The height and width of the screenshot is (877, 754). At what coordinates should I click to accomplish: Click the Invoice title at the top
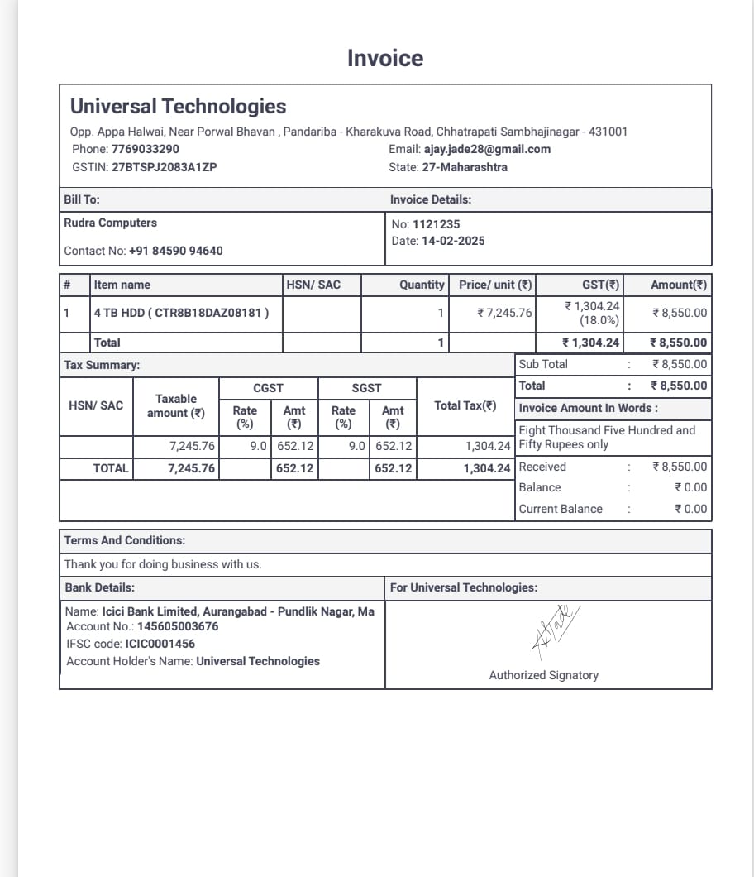(x=385, y=59)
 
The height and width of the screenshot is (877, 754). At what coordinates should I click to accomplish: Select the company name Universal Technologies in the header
(x=178, y=107)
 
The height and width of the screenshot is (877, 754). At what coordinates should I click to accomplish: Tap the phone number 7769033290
(x=145, y=150)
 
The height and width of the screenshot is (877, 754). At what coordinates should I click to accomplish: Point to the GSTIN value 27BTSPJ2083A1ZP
(x=165, y=167)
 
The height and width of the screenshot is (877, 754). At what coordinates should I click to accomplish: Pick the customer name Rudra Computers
(x=110, y=223)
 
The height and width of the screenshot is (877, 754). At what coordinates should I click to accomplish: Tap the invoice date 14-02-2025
(x=453, y=242)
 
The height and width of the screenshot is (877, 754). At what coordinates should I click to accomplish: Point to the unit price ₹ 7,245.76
(x=505, y=314)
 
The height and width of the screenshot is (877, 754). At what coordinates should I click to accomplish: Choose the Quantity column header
(x=422, y=285)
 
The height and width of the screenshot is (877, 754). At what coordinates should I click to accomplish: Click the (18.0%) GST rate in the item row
(x=599, y=321)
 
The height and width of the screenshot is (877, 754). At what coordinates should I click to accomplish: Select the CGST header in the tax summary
(x=268, y=388)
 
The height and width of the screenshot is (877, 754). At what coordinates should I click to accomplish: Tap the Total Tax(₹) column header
(x=465, y=405)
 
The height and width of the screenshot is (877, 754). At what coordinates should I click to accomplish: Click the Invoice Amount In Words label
(x=588, y=409)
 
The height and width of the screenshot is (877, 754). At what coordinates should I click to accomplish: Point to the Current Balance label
(x=561, y=510)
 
